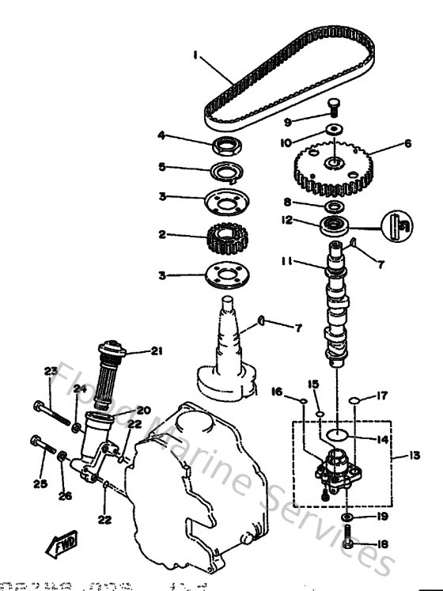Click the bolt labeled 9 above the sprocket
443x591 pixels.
point(332,108)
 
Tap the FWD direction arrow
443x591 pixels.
point(62,546)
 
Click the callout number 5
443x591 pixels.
point(161,168)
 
